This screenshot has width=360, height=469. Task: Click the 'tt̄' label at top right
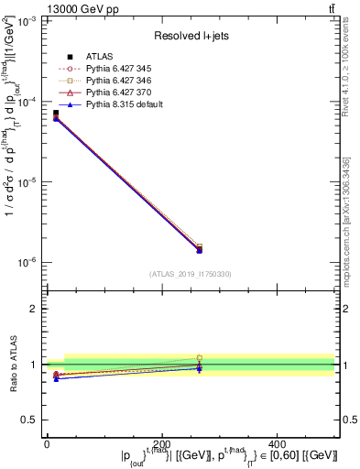tap(330, 8)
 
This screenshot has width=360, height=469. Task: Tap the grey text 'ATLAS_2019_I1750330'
tap(190, 274)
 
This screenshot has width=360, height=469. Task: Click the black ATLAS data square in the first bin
tap(55, 114)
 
